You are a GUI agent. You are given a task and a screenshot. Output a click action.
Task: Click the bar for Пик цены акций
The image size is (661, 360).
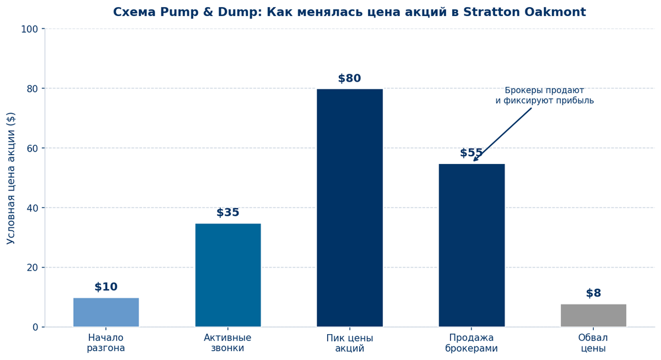click(349, 208)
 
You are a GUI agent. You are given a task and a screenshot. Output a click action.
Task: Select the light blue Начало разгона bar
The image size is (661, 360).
click(106, 312)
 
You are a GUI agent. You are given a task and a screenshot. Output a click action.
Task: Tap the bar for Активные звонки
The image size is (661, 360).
click(227, 275)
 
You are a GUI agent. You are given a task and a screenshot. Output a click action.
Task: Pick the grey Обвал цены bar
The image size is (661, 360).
click(593, 315)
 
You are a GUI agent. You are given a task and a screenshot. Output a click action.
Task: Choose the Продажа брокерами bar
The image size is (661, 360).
click(472, 245)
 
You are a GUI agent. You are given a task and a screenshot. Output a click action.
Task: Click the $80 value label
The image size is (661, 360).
click(349, 79)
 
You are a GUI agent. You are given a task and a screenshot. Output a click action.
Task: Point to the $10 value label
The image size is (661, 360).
click(106, 287)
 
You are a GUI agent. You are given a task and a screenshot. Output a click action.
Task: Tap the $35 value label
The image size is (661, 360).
click(227, 213)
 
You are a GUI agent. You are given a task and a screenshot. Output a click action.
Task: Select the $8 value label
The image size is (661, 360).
click(593, 293)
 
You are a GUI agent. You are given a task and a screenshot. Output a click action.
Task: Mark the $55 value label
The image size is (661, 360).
click(471, 153)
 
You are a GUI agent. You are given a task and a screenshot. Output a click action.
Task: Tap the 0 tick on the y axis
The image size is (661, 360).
click(35, 327)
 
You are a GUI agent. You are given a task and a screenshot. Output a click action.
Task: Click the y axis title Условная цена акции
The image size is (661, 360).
click(11, 178)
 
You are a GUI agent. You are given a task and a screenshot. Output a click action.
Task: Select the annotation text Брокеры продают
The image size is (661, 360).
click(544, 91)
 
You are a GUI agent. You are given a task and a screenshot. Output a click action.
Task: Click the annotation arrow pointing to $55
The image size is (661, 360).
click(502, 134)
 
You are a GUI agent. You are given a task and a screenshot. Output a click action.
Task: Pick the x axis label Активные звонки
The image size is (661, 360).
click(227, 343)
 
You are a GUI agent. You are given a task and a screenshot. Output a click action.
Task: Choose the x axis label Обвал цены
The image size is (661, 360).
click(593, 343)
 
